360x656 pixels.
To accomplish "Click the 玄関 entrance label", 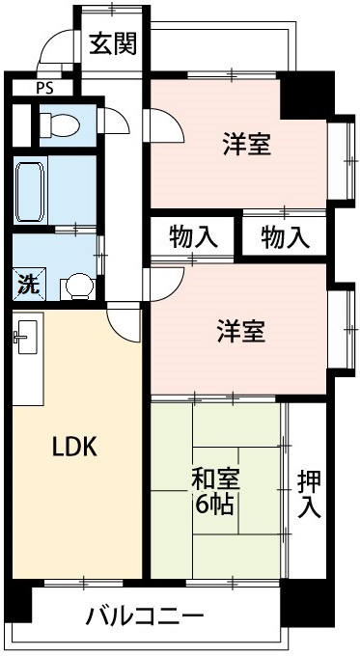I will tap(113, 43).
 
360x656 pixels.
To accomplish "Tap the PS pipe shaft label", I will tap(44, 87).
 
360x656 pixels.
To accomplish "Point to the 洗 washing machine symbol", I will tap(25, 285).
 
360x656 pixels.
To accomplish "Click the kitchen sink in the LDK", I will tap(24, 338).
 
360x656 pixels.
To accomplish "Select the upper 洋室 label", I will tap(246, 146).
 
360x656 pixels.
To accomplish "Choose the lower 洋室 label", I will tap(239, 332).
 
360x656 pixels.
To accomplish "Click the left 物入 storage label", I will tap(192, 235).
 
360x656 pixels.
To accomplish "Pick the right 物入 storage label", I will tap(285, 235).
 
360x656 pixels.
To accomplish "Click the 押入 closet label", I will tap(309, 493).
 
